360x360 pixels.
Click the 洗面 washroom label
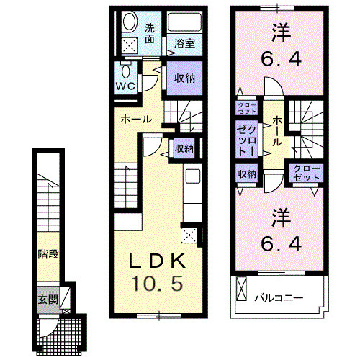pos(150,34)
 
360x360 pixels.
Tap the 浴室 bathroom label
pos(185,43)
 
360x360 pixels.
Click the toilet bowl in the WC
pos(127,71)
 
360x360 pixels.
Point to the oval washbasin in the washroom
pos(129,22)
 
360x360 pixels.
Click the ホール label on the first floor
pos(135,119)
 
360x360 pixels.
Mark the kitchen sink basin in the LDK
pos(192,177)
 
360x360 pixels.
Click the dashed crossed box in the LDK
pos(189,234)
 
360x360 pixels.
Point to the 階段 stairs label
pos(48,253)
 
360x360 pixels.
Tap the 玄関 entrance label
pos(48,299)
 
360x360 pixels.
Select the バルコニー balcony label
pos(277,297)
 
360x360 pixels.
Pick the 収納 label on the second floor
pos(247,174)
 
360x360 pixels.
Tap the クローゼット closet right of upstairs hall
pos(305,174)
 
